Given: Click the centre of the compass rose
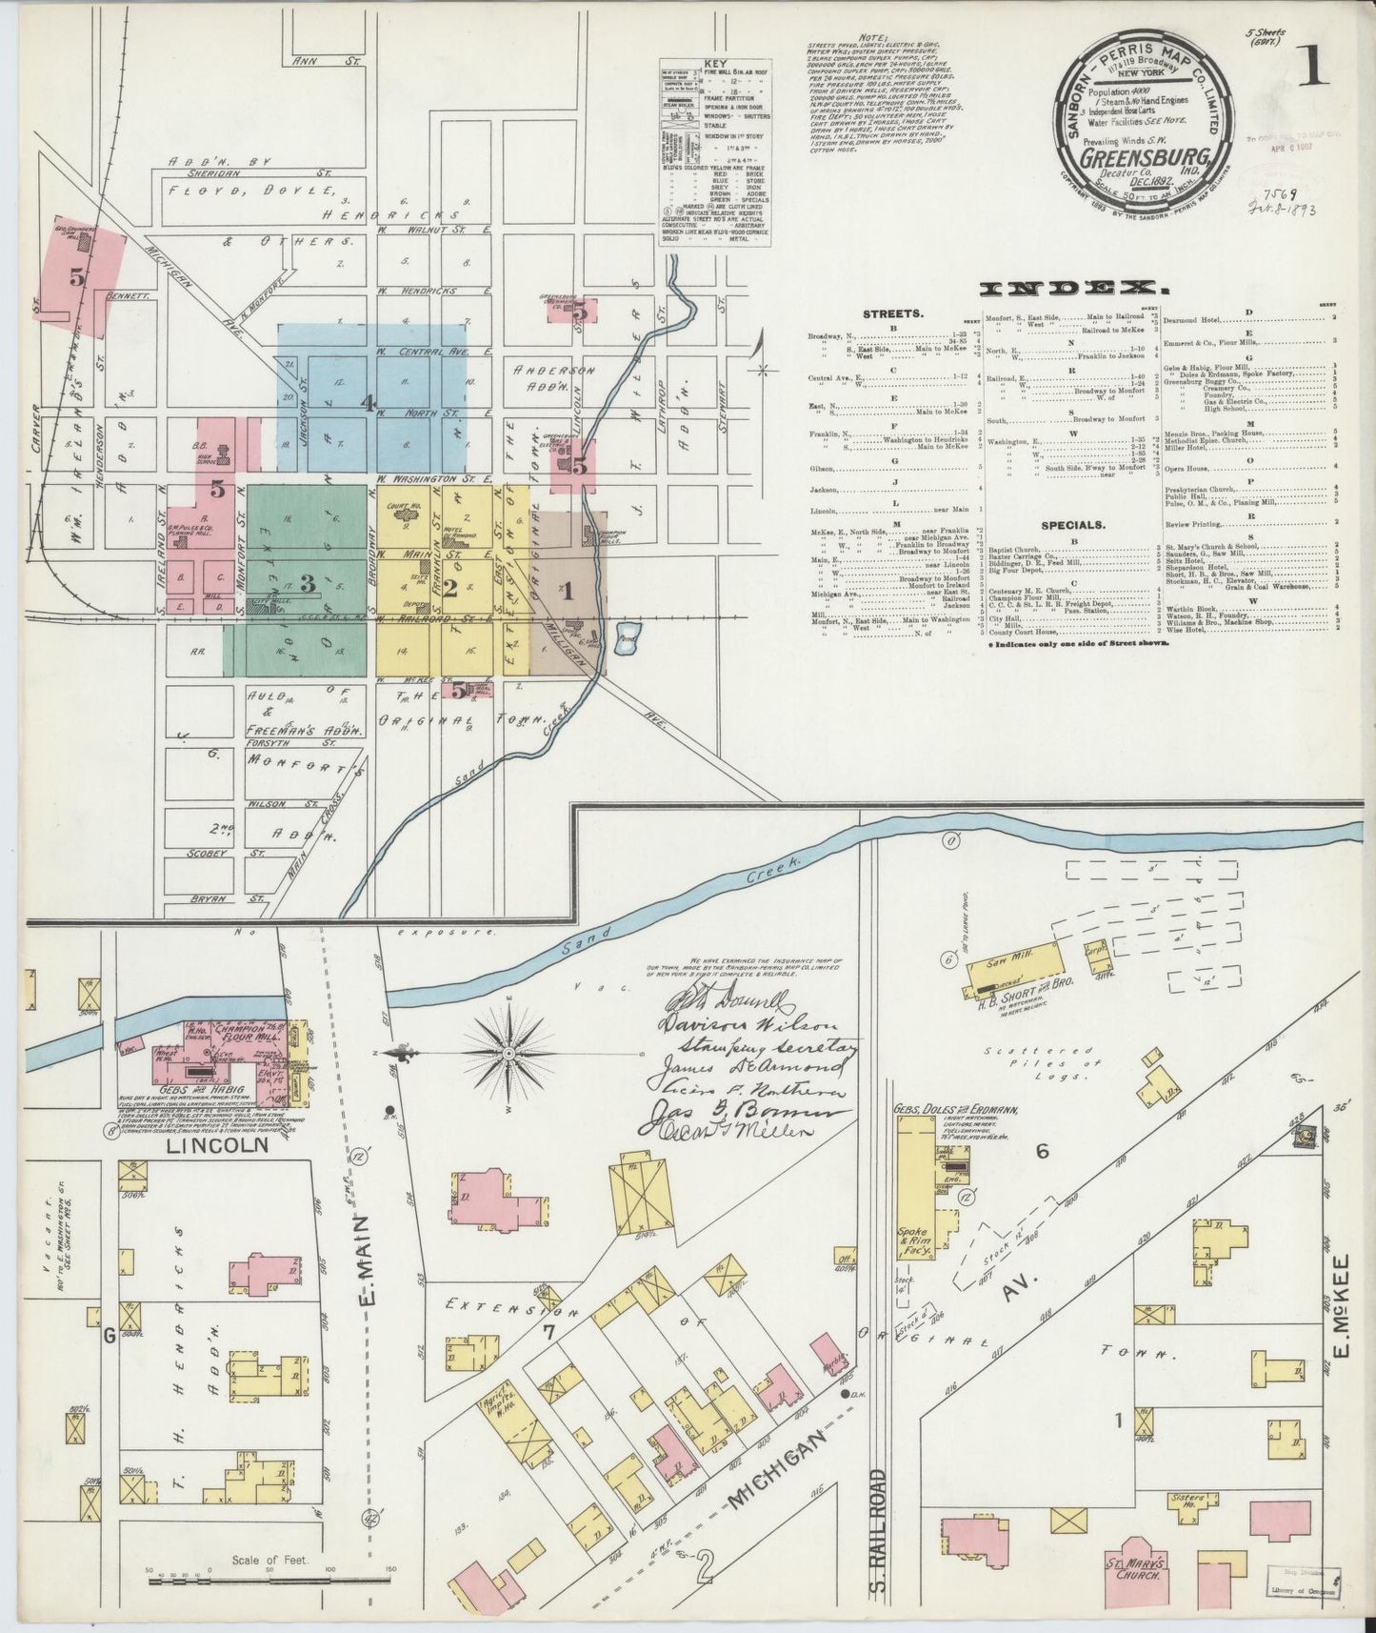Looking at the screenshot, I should coord(509,1053).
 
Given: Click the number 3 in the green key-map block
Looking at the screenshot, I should coord(308,584).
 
